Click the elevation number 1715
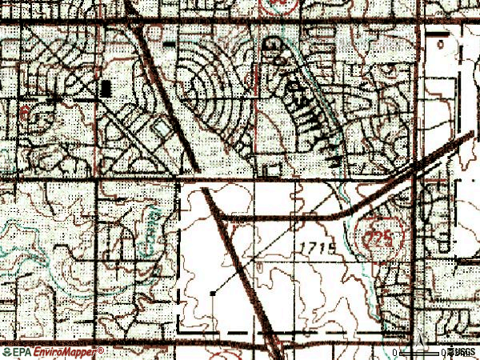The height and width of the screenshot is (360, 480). [x=319, y=249]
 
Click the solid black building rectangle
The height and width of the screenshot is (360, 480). [x=106, y=88]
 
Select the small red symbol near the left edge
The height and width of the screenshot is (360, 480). [x=26, y=111]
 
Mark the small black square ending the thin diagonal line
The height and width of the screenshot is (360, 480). [x=213, y=294]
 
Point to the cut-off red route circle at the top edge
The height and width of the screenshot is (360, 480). [x=279, y=4]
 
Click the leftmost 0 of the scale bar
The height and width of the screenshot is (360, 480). [x=398, y=352]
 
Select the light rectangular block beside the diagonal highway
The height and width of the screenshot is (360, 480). [x=160, y=128]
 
